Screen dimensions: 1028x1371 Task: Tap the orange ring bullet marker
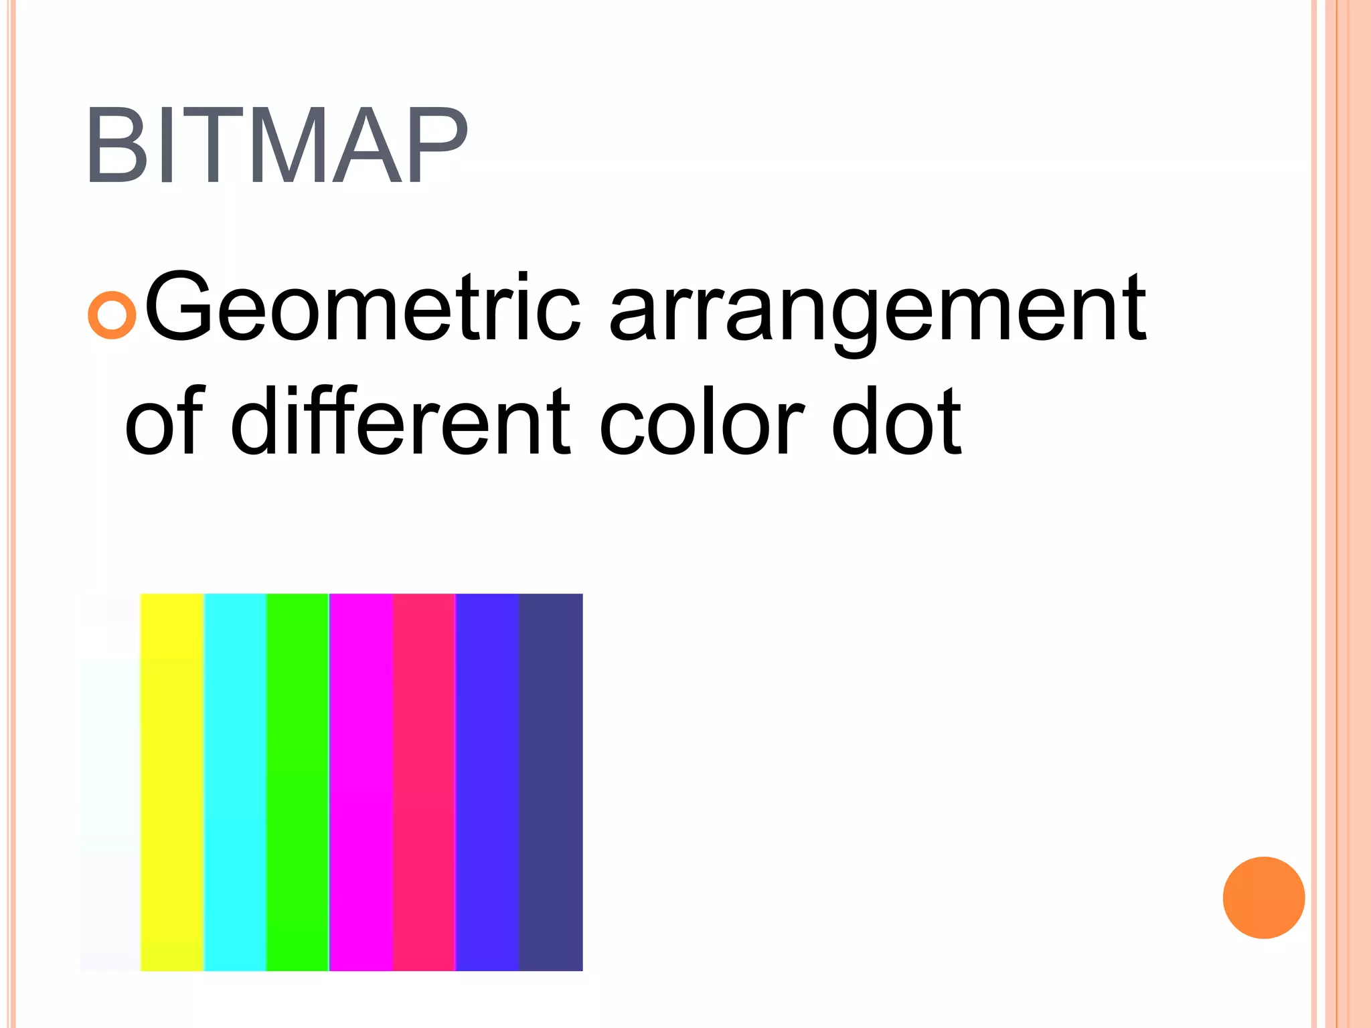tap(112, 315)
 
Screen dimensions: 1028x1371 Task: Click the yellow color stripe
tap(171, 782)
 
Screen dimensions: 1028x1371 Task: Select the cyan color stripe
tap(235, 782)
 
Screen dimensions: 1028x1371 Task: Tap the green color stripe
tap(297, 782)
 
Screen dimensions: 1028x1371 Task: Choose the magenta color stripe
tap(361, 782)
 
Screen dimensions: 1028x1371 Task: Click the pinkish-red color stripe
tap(424, 782)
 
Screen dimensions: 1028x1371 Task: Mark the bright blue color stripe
tap(487, 782)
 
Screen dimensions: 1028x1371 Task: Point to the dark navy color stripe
tap(551, 782)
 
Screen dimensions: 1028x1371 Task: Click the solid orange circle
tap(1263, 897)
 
